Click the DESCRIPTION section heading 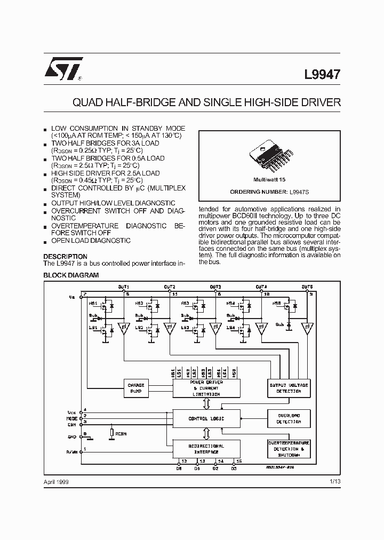[65, 257]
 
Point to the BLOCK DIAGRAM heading [71, 275]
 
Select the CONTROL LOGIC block [206, 419]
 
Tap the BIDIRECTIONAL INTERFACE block [206, 448]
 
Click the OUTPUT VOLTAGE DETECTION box [288, 388]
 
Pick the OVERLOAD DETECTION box [288, 418]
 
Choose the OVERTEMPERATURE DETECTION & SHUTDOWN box [288, 449]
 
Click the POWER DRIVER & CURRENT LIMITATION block [206, 388]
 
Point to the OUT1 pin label [123, 287]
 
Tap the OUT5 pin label [307, 287]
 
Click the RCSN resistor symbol [111, 433]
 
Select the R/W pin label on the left [72, 451]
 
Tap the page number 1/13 [334, 482]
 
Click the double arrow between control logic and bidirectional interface [206, 434]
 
